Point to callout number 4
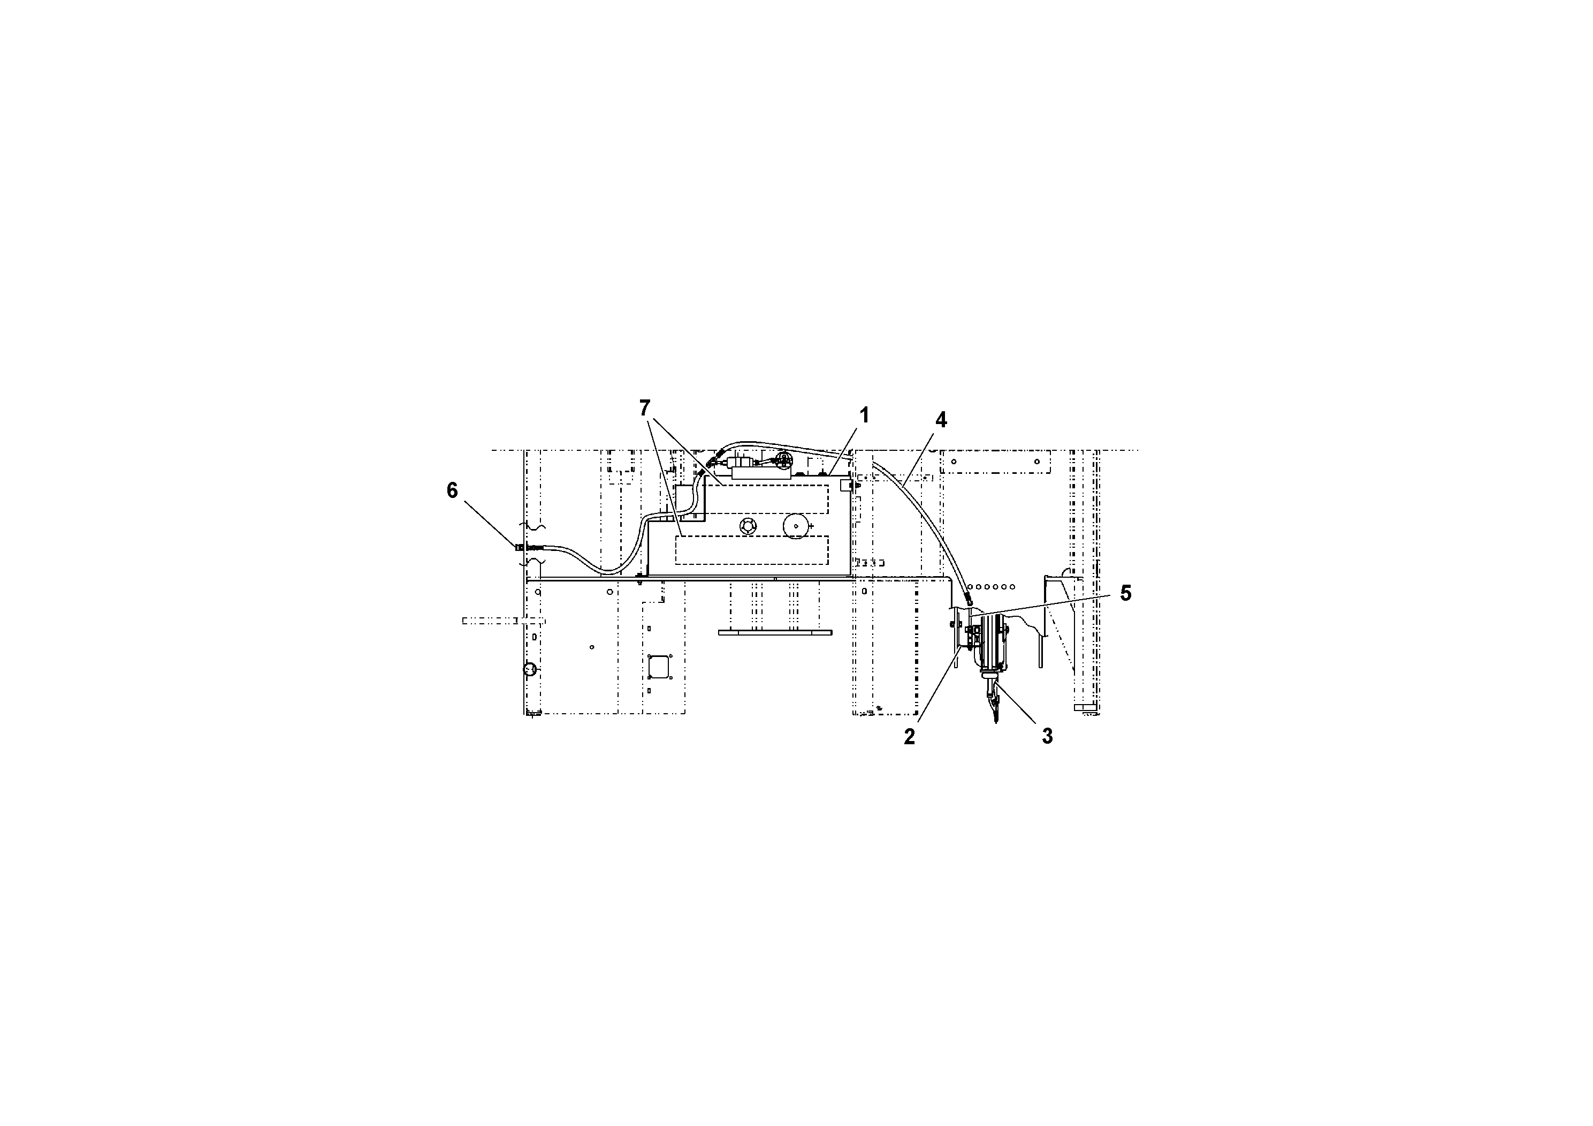[940, 420]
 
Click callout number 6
[452, 491]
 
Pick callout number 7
[645, 408]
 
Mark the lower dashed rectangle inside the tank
[752, 550]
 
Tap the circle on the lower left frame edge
[529, 669]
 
